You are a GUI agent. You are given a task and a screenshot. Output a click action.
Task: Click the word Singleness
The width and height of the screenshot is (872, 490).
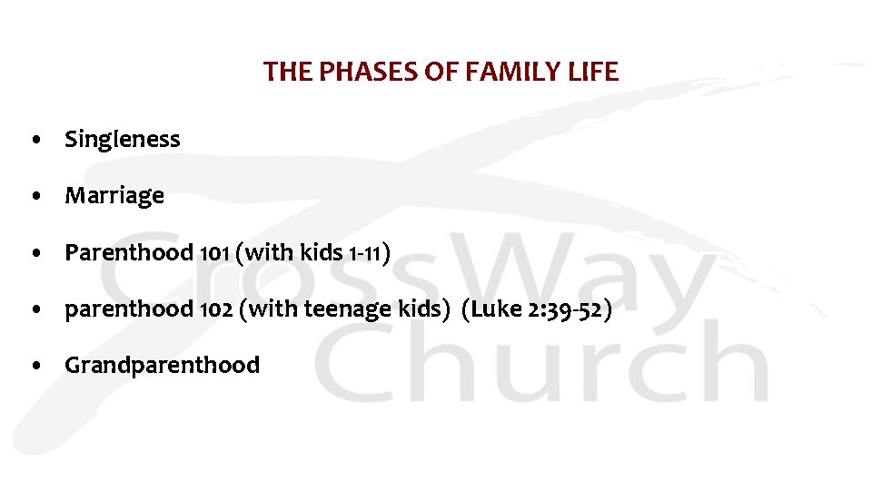coord(123,140)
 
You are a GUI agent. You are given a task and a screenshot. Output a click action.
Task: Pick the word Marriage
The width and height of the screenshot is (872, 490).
coord(114,196)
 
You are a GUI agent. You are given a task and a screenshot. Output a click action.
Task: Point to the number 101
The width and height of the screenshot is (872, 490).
coord(214,253)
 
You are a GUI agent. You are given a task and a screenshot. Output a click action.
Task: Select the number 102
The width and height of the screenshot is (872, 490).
coord(215,310)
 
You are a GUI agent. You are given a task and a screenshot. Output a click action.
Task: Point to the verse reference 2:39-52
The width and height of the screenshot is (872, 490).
coord(569,310)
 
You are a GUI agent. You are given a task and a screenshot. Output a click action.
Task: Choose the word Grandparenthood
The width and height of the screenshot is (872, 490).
coord(162,366)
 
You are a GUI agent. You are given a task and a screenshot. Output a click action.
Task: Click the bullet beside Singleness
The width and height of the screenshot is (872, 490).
coord(34,141)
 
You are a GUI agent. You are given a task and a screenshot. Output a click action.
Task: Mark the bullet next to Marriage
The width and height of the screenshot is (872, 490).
coord(34,197)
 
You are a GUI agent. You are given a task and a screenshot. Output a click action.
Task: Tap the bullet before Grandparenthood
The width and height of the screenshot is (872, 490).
coord(34,367)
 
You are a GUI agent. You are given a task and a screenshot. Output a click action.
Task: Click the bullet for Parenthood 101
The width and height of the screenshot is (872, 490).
coord(34,254)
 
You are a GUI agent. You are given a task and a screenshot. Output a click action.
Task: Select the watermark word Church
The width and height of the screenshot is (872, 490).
coord(545,363)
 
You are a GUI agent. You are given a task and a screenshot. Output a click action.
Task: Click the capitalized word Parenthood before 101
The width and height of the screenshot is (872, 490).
coord(129,253)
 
